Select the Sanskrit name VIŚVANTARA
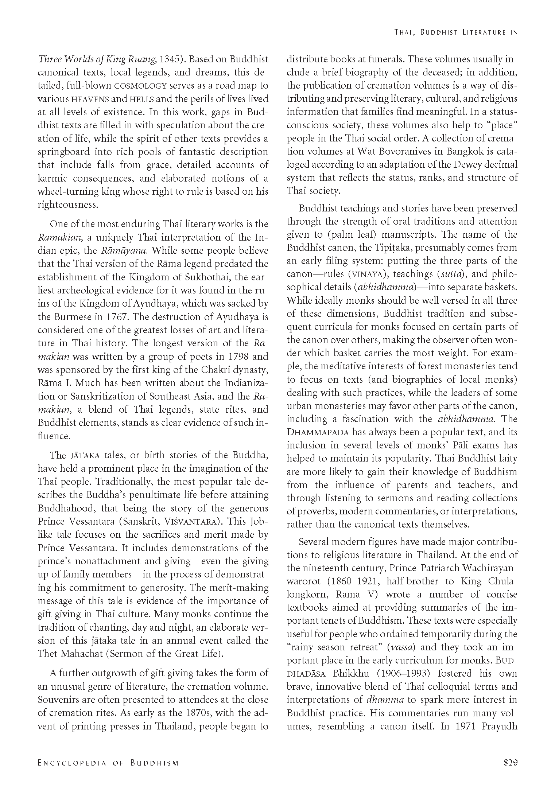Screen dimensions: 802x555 (x=192, y=522)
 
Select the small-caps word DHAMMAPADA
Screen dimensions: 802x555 (x=318, y=433)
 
